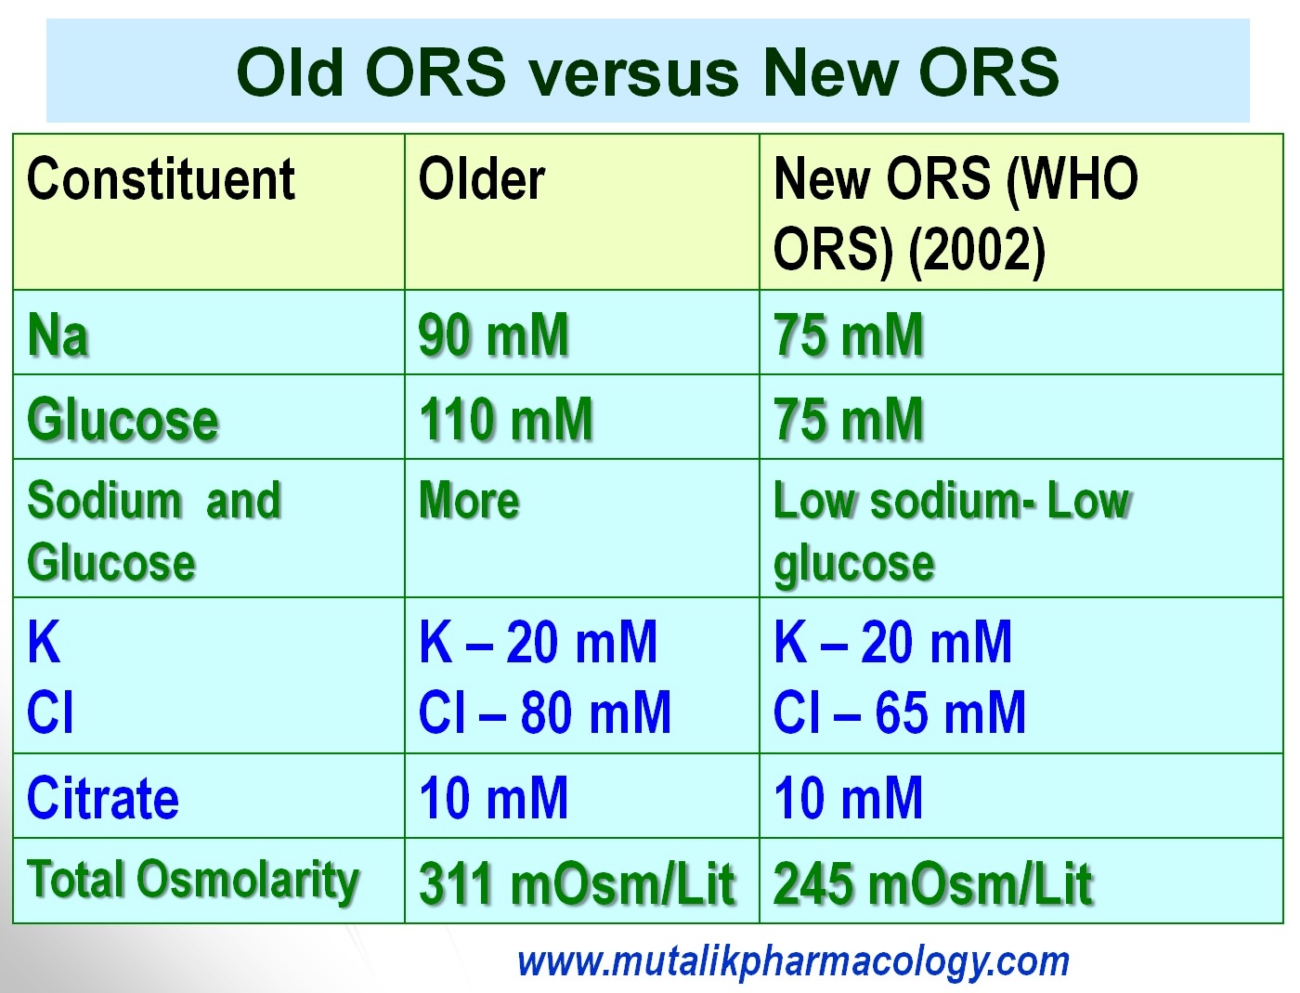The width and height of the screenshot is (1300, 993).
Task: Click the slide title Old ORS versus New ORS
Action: coord(647,72)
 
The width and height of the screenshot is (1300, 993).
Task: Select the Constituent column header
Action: coord(161,179)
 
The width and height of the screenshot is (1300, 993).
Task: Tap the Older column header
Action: coord(481,179)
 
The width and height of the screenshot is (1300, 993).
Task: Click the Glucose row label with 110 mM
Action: coord(123,419)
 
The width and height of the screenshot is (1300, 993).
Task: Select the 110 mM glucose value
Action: coord(505,419)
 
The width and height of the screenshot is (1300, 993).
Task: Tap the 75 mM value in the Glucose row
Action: coord(849,419)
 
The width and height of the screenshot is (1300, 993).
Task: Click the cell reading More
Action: coord(469,501)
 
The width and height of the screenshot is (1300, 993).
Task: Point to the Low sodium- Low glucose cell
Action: coord(951,531)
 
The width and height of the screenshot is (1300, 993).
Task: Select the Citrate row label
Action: coord(103,798)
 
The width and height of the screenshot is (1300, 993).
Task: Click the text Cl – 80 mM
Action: coord(544,713)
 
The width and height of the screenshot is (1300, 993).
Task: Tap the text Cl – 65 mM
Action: coord(899,713)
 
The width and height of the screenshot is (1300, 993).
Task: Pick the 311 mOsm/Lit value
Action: coord(576,882)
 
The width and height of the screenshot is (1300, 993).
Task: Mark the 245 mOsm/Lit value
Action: coord(932,882)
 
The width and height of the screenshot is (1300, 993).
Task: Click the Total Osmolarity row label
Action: coord(193,880)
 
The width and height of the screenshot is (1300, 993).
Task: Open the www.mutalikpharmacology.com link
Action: coord(793,961)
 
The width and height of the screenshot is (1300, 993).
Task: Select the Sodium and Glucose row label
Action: coord(153,531)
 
